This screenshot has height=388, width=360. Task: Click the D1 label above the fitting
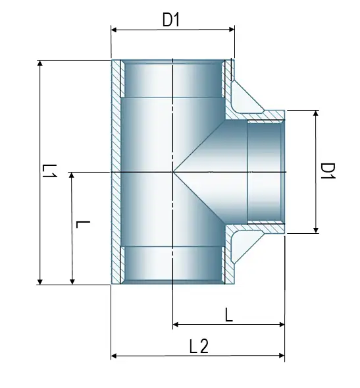point(171,20)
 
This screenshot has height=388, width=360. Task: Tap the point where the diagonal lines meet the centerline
point(172,173)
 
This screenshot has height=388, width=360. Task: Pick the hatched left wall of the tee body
point(116,173)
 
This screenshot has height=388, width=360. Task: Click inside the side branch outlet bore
point(265,173)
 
